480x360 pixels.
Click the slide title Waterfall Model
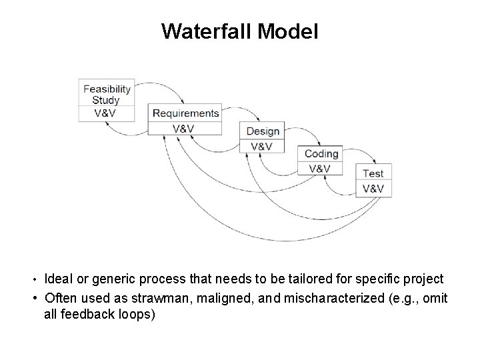240,31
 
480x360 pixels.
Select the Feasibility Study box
107,93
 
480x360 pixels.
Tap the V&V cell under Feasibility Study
107,113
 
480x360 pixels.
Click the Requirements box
185,113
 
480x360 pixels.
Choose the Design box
263,131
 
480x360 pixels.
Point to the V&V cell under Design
262,147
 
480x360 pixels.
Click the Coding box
321,153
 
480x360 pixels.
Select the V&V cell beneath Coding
320,169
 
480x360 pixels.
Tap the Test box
373,173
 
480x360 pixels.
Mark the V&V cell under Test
373,189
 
